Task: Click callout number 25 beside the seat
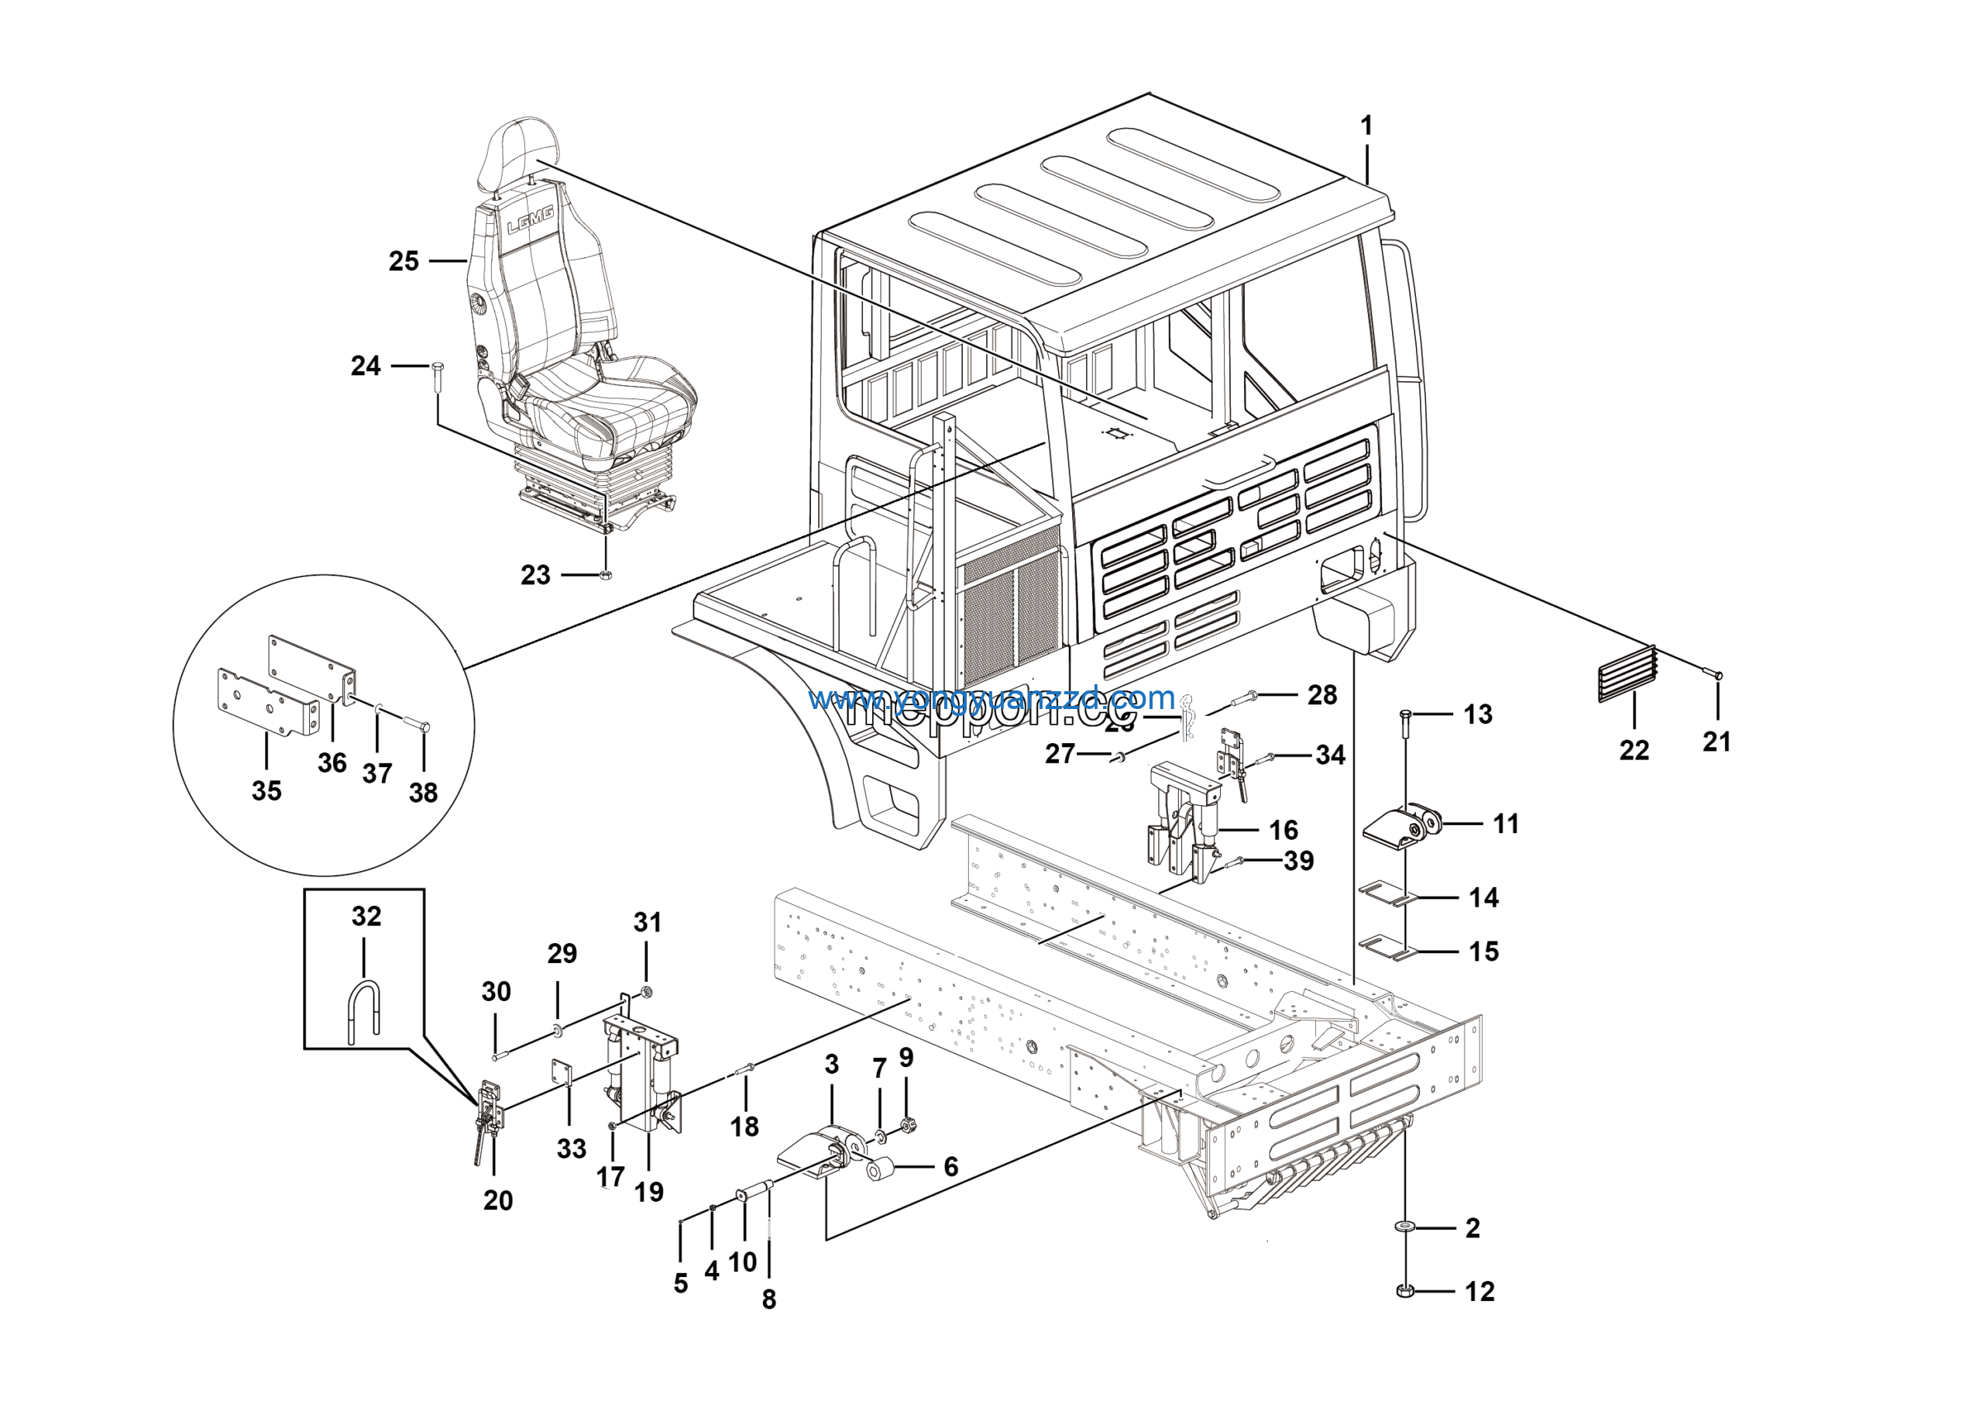click(x=404, y=261)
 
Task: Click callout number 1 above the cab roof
click(x=1366, y=126)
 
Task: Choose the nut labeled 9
click(x=906, y=1125)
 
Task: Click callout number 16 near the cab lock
click(x=1283, y=830)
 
